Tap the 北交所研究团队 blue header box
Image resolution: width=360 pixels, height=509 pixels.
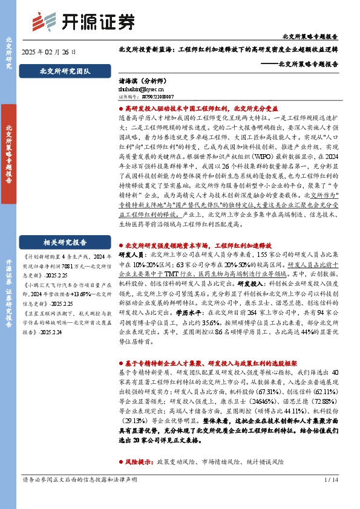pos(64,71)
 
